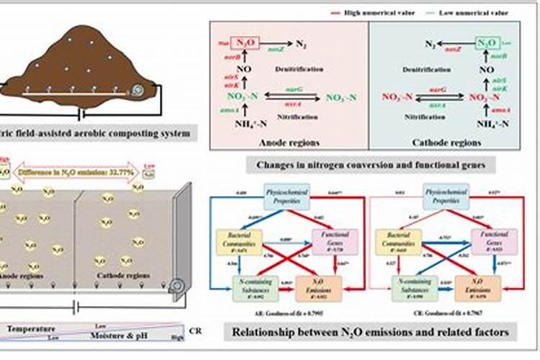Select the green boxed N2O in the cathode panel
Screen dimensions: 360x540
[x=486, y=43]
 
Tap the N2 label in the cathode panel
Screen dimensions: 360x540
[x=430, y=45]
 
